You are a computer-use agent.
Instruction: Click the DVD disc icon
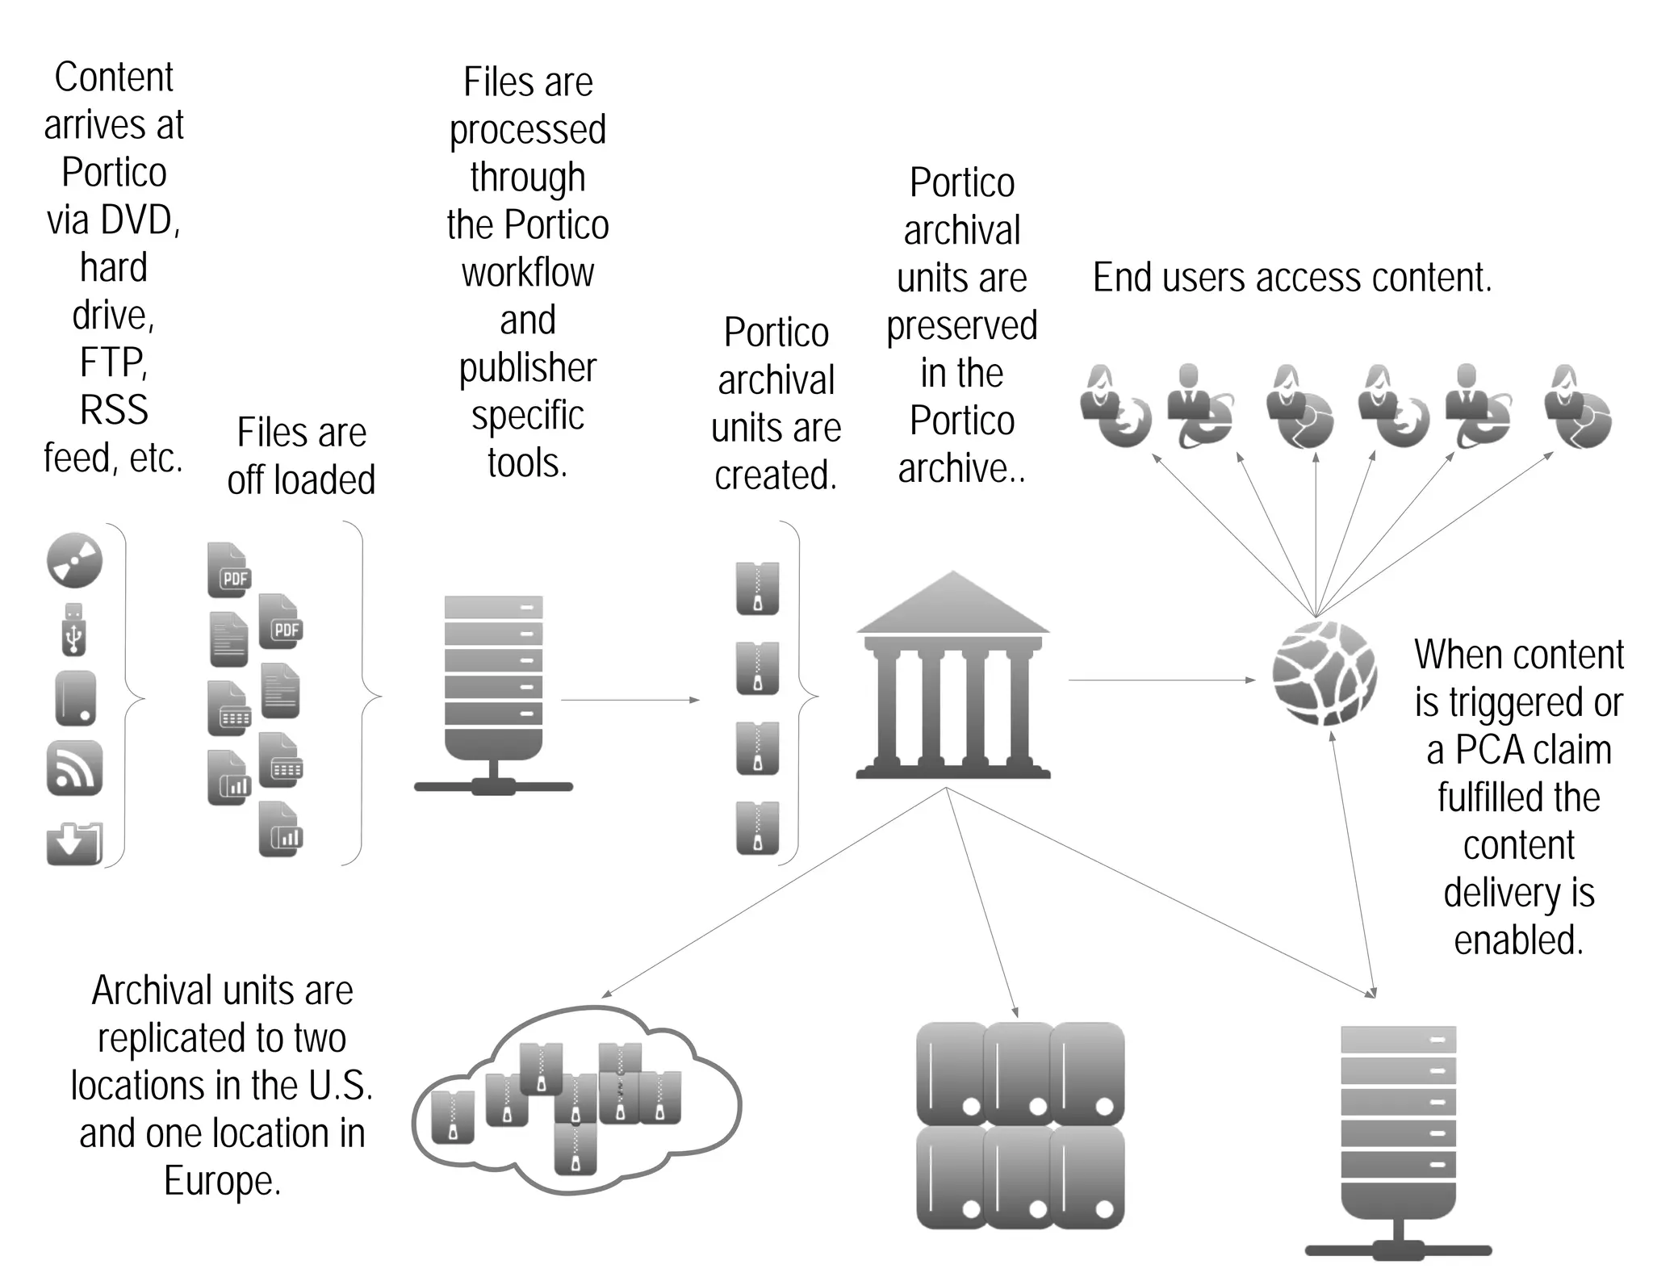[x=74, y=559]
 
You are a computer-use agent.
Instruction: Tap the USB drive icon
[x=73, y=630]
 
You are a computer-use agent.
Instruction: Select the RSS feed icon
[x=74, y=768]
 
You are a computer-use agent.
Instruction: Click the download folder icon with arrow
[x=74, y=843]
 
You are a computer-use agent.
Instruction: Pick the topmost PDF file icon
[x=228, y=571]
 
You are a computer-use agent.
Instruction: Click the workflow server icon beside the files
[x=493, y=694]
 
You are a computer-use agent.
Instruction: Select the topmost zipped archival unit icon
[x=757, y=588]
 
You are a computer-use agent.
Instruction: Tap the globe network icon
[x=1324, y=672]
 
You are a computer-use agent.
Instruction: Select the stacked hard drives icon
[x=1020, y=1125]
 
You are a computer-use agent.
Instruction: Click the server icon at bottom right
[x=1398, y=1138]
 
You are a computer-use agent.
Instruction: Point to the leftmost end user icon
[x=1114, y=406]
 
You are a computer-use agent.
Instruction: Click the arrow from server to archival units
[x=630, y=700]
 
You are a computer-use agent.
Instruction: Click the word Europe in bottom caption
[x=222, y=1180]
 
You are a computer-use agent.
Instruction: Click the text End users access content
[x=1291, y=278]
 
